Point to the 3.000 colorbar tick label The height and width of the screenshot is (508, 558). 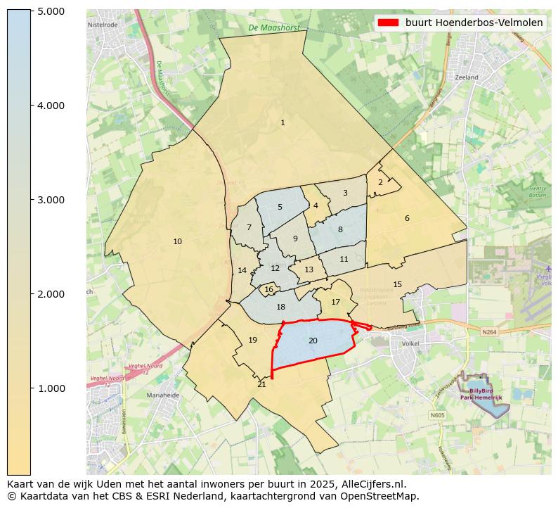coord(51,200)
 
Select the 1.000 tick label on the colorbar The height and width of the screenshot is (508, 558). coord(51,388)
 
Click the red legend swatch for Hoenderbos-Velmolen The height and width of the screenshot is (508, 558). coord(388,23)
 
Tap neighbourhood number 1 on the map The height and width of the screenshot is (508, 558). coord(283,123)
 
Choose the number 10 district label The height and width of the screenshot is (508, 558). coord(177,242)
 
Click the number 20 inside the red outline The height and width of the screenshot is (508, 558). coord(313,341)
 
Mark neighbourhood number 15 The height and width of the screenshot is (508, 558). coord(397,284)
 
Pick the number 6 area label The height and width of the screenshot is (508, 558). coord(407,218)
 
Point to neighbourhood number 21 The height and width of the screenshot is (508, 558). coord(261,384)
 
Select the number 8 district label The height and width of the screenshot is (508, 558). coord(340,229)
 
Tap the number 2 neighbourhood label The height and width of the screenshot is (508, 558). coord(380,182)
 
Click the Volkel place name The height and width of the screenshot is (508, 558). coord(410,344)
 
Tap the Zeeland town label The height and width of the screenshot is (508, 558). coord(466,77)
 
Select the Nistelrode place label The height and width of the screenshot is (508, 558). coord(103,25)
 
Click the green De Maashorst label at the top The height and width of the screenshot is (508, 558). coord(273,28)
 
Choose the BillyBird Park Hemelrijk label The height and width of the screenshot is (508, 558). coord(481,393)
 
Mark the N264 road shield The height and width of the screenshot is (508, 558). coord(489,331)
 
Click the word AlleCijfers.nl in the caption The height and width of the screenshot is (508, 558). coord(372,484)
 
